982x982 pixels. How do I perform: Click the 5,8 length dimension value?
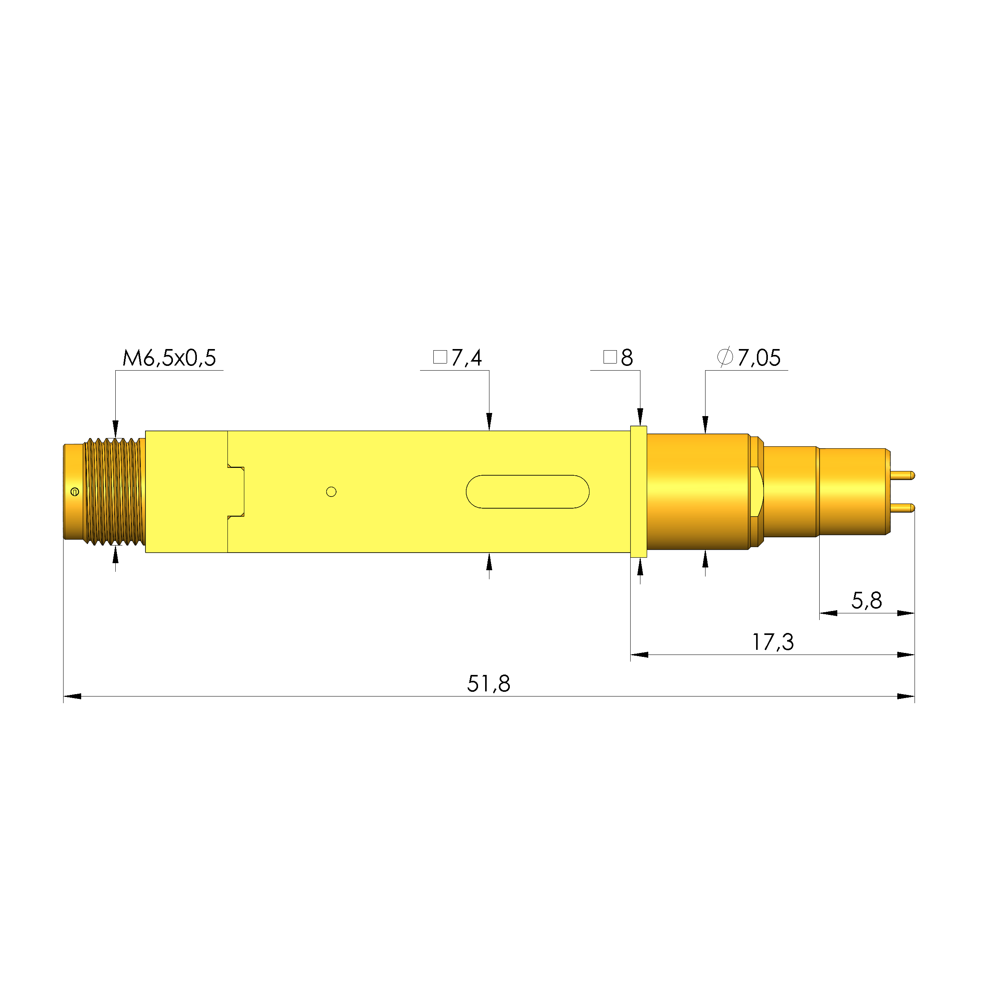click(867, 601)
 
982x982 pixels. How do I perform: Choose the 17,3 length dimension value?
click(773, 642)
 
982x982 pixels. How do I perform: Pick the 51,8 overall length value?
click(489, 684)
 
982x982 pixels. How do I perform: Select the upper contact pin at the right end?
click(903, 475)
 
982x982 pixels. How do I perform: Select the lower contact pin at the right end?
click(903, 507)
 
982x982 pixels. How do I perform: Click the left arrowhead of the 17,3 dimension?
click(639, 655)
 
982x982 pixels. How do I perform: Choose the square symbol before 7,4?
click(440, 357)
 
